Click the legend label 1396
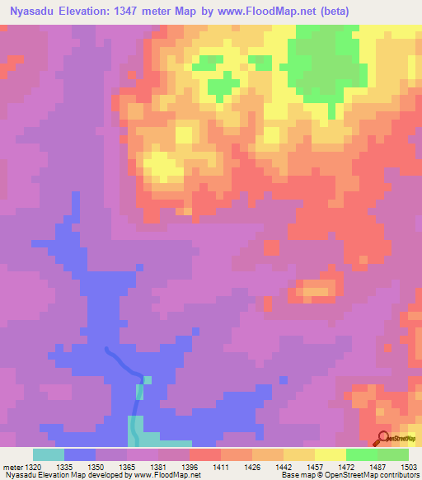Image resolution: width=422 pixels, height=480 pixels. click(x=190, y=466)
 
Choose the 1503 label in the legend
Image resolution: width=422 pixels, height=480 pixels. click(x=409, y=466)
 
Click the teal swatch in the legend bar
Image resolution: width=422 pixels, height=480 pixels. click(x=49, y=454)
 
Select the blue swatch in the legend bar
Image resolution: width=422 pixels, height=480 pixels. click(x=80, y=454)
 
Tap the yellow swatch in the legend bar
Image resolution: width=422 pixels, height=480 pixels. click(x=331, y=454)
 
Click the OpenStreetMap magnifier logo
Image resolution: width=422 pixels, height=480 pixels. click(x=383, y=439)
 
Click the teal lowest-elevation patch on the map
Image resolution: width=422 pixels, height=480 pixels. click(x=134, y=429)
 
